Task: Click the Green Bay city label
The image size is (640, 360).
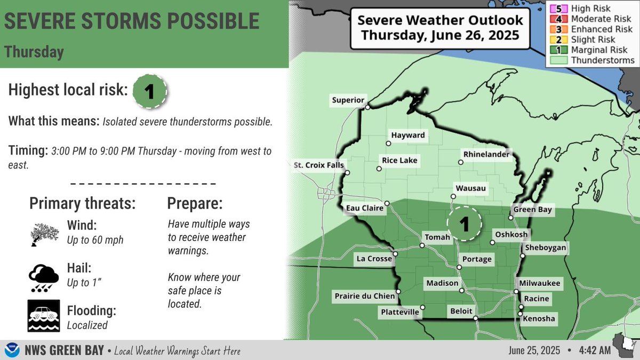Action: click(x=532, y=210)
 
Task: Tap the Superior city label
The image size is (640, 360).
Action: click(x=348, y=100)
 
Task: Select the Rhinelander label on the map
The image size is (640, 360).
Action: click(x=487, y=155)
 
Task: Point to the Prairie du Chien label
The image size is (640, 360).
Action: click(x=364, y=296)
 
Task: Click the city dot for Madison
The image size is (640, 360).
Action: click(x=462, y=291)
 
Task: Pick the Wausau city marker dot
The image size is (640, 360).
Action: click(x=453, y=196)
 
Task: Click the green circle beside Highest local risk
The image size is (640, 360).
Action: click(x=149, y=91)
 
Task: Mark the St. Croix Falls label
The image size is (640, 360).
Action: click(x=319, y=165)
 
